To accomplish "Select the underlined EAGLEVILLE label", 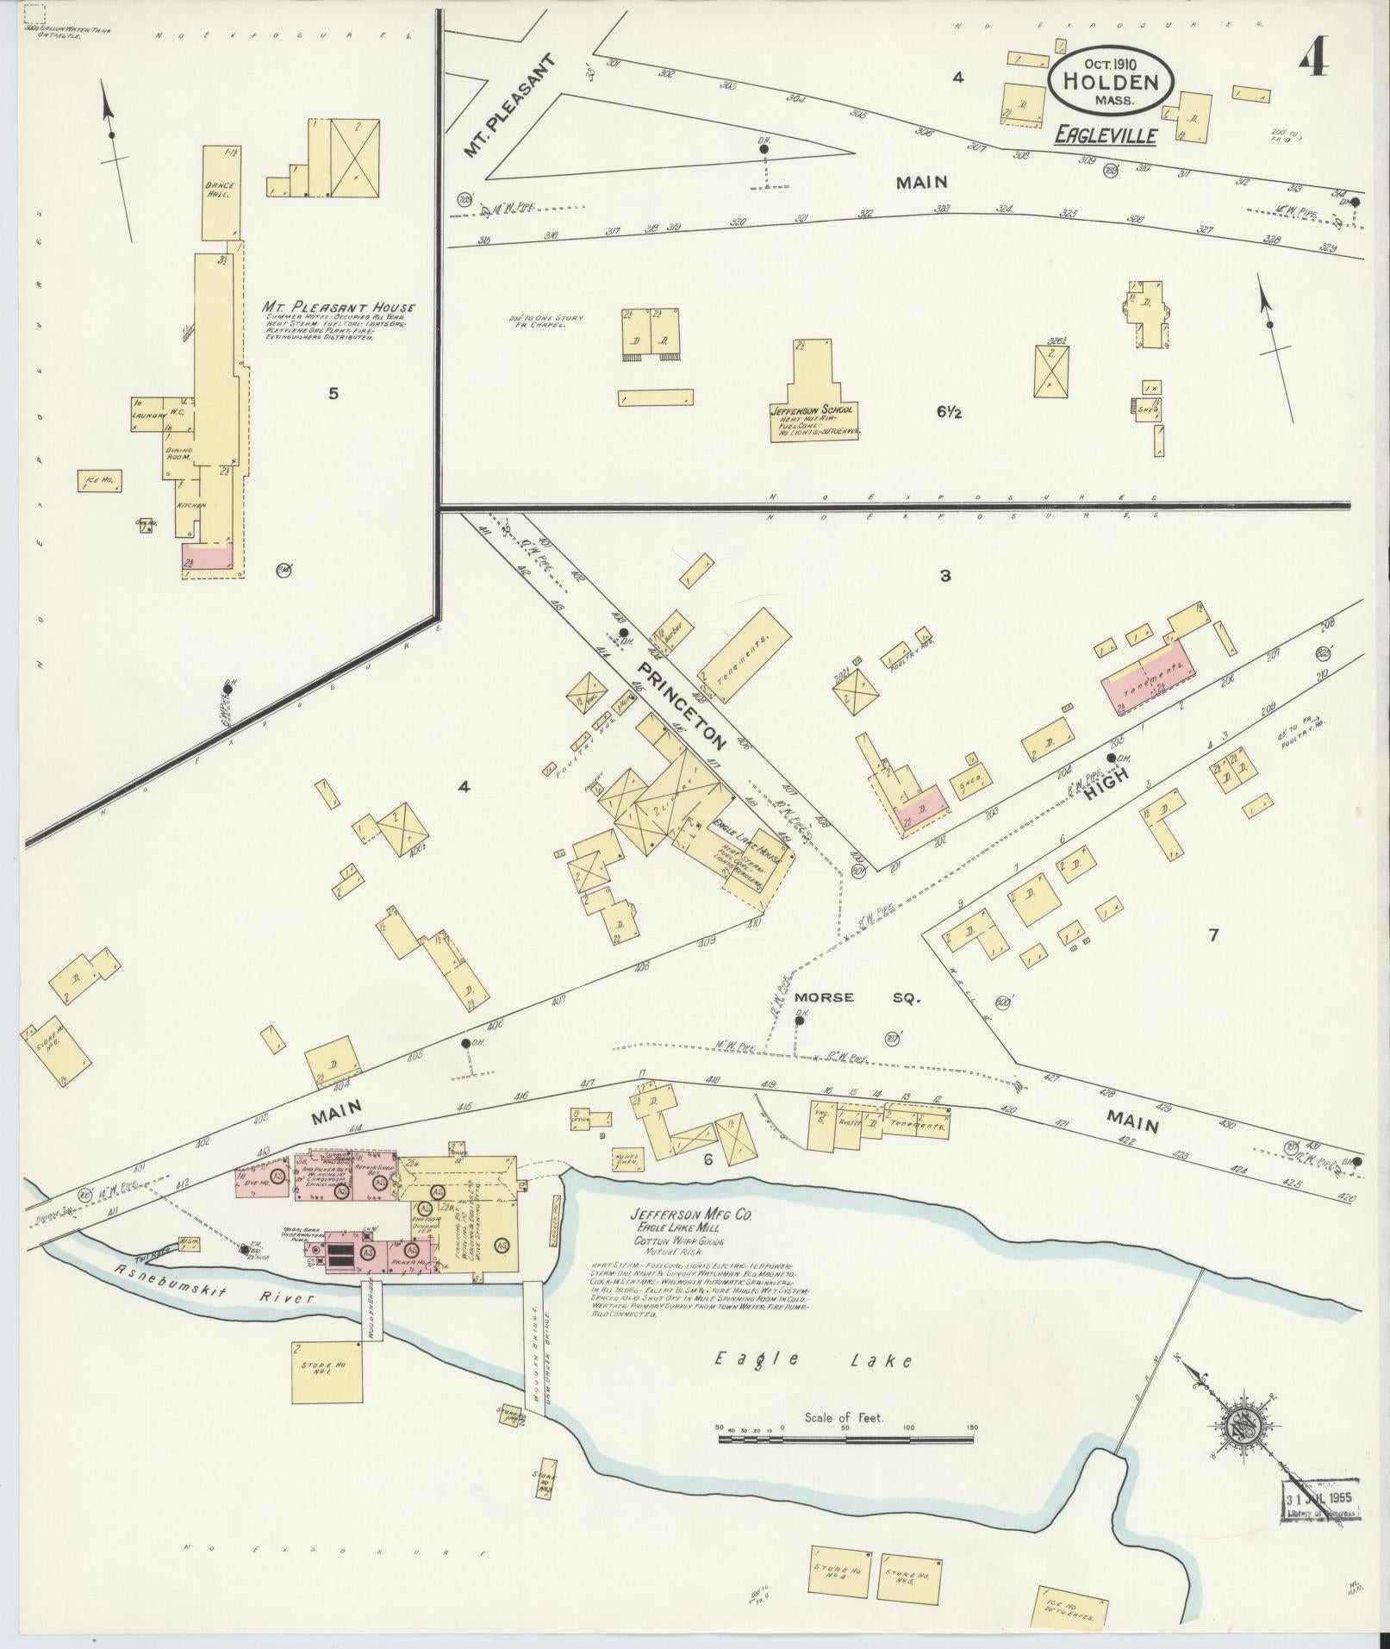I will (x=1106, y=135).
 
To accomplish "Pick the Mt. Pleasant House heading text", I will (x=340, y=308).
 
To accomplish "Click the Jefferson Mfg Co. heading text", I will (x=695, y=1215).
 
